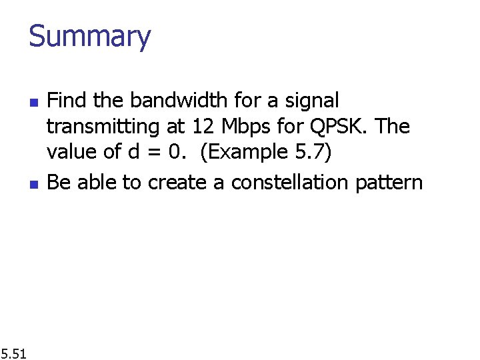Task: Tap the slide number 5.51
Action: [x=13, y=353]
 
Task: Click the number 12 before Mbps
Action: [x=201, y=127]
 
